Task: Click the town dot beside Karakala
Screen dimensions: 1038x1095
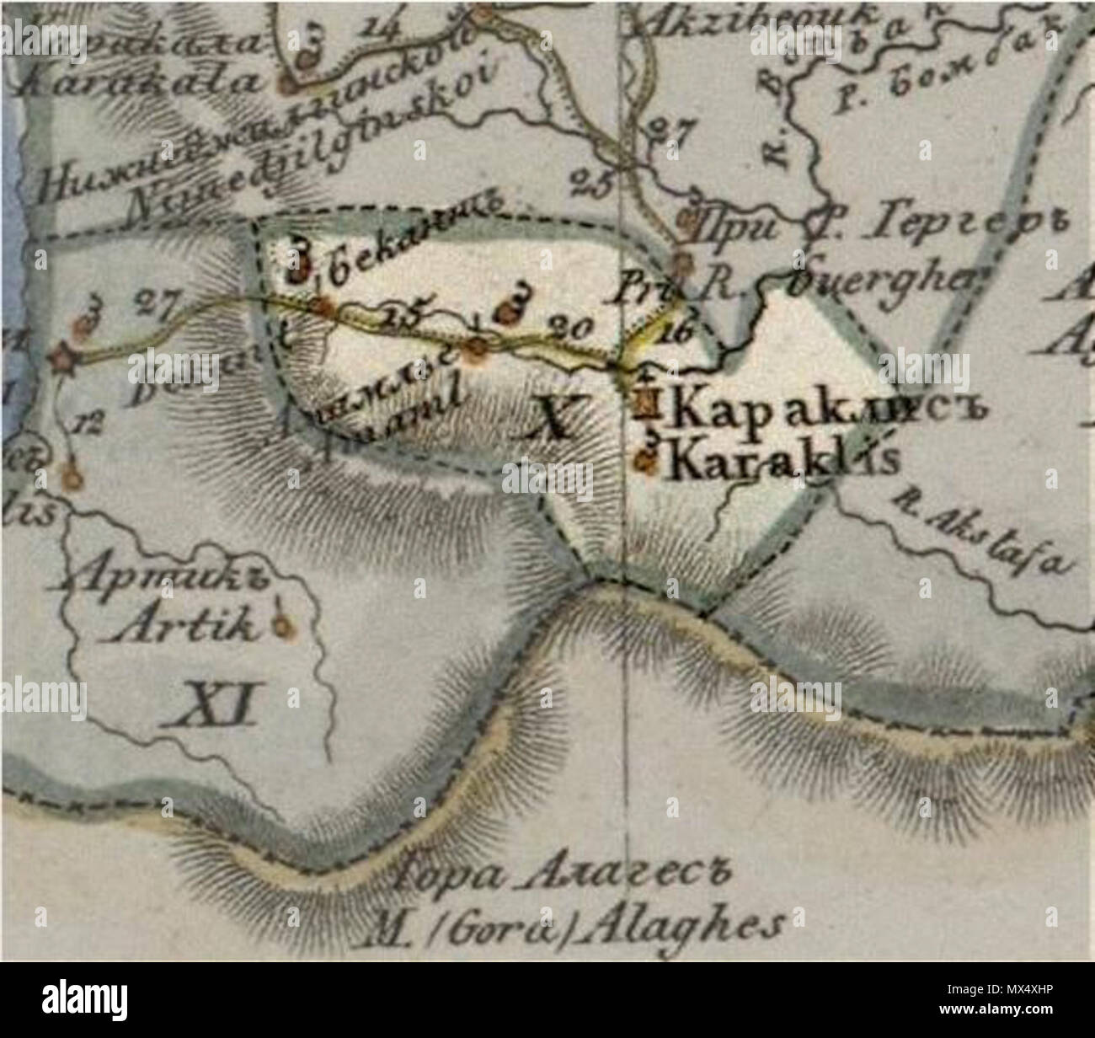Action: [x=287, y=83]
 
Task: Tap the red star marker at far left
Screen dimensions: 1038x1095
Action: [x=65, y=361]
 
